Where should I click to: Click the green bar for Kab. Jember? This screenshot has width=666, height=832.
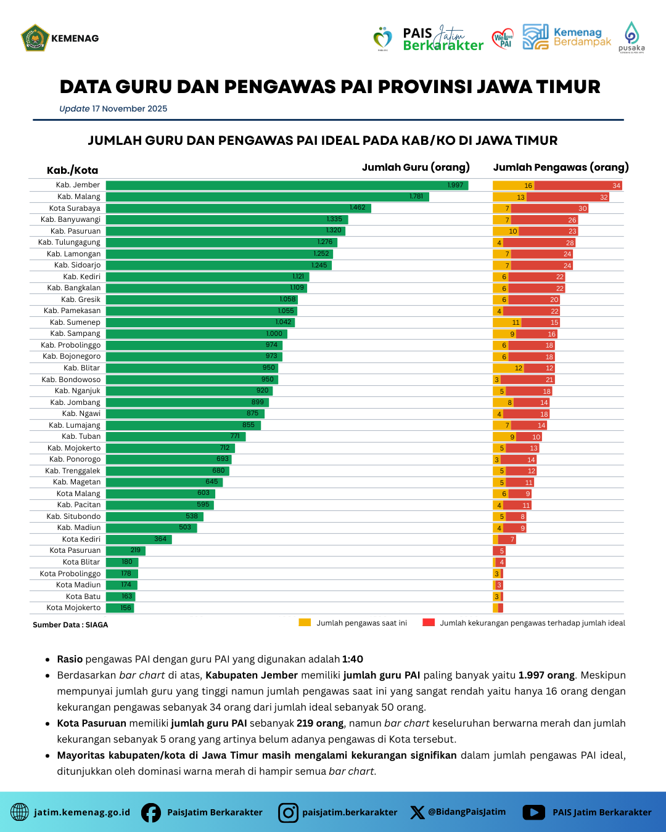(x=287, y=185)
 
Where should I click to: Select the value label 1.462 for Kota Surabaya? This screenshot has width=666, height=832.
(x=357, y=208)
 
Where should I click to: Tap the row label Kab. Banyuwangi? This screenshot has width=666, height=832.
(x=70, y=219)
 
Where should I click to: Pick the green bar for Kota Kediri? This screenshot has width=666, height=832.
(x=138, y=539)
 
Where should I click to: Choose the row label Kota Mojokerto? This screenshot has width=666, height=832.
(x=73, y=608)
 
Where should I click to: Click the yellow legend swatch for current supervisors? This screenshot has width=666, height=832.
(x=305, y=622)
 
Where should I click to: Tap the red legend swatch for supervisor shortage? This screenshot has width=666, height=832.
(x=429, y=622)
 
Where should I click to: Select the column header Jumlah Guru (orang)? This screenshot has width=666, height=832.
(x=416, y=167)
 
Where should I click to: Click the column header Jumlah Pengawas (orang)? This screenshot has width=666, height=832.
(x=561, y=167)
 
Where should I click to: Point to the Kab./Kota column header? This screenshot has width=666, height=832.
(x=72, y=171)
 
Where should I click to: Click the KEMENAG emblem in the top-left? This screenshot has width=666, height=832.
(x=35, y=38)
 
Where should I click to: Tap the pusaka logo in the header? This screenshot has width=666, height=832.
(x=631, y=38)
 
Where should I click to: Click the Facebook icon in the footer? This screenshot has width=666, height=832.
(x=151, y=812)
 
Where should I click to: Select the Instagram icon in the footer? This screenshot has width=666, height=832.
(x=288, y=812)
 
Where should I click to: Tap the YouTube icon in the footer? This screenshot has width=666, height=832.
(x=534, y=812)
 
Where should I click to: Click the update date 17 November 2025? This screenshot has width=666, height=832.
(x=129, y=108)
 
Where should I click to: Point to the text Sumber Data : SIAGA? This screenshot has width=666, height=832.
(x=70, y=625)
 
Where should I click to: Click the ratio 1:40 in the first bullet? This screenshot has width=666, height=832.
(x=353, y=659)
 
